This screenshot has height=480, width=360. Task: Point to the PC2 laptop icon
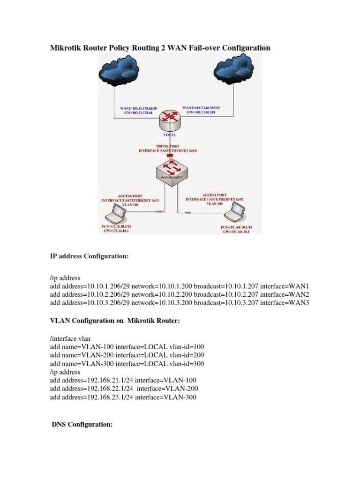click(x=232, y=216)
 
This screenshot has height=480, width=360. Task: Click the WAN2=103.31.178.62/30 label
click(x=140, y=108)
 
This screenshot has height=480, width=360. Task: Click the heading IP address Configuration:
click(x=89, y=256)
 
